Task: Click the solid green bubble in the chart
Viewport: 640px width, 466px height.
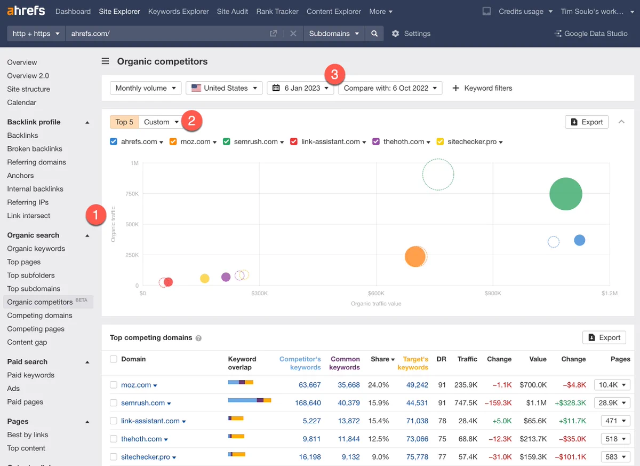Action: click(x=565, y=194)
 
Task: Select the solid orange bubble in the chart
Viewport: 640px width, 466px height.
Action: click(x=415, y=256)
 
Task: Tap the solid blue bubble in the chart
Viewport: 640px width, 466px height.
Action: click(x=579, y=240)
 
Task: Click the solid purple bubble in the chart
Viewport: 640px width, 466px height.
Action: click(x=226, y=277)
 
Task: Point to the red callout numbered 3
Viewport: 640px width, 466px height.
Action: click(x=334, y=75)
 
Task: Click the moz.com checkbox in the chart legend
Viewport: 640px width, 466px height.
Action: click(x=173, y=141)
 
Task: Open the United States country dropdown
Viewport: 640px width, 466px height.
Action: click(x=224, y=88)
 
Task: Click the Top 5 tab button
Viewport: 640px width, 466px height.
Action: click(x=124, y=122)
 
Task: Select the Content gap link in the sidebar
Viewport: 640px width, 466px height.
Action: click(x=27, y=342)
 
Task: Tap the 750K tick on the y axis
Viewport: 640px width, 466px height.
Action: click(x=132, y=194)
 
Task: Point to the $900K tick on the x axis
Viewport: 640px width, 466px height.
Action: click(x=493, y=294)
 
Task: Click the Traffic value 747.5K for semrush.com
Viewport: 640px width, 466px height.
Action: click(x=466, y=403)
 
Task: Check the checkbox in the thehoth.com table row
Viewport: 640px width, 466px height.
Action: click(x=114, y=439)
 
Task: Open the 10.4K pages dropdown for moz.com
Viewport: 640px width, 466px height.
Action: click(x=612, y=385)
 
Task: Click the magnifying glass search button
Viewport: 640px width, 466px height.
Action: click(x=374, y=34)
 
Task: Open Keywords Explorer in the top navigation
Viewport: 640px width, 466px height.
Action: click(x=178, y=11)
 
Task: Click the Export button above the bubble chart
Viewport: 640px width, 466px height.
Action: click(x=587, y=122)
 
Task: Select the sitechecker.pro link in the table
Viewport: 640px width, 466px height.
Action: click(x=146, y=457)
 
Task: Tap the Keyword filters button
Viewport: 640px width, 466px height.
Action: click(x=482, y=88)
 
